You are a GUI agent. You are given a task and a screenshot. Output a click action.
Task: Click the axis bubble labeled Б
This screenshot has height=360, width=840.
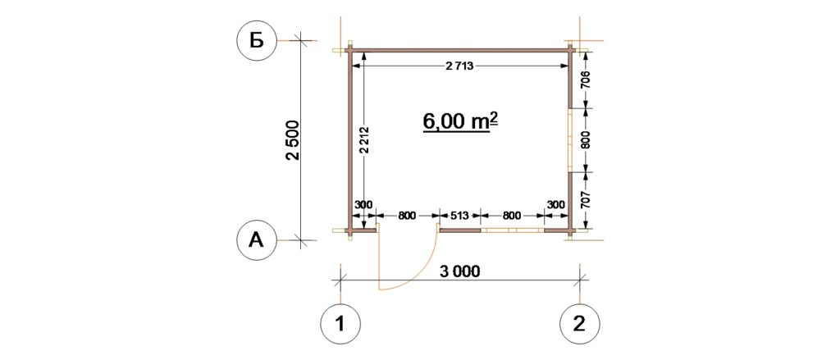click(x=257, y=41)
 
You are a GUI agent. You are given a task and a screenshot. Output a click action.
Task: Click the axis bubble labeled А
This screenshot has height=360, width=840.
click(x=257, y=241)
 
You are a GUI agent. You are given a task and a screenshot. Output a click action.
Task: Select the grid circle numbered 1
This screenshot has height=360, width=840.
click(x=340, y=324)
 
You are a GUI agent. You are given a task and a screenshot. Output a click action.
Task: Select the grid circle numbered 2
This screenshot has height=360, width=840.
click(x=580, y=324)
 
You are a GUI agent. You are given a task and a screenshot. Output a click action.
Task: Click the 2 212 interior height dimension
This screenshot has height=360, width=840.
click(x=363, y=141)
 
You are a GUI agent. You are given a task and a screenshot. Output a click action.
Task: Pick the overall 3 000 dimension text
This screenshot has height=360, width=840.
click(x=459, y=271)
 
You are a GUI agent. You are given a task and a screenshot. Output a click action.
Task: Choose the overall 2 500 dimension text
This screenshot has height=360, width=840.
click(x=294, y=140)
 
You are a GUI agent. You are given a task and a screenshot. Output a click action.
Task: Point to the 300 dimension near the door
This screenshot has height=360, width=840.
click(x=363, y=205)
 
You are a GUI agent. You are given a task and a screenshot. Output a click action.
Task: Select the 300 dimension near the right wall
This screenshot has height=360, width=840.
click(x=556, y=205)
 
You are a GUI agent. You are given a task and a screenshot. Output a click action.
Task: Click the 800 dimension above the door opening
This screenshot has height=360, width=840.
click(x=407, y=216)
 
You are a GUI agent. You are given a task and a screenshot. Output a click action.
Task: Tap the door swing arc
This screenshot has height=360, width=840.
click(x=423, y=271)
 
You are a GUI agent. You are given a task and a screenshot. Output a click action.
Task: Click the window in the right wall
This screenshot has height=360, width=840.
click(x=570, y=140)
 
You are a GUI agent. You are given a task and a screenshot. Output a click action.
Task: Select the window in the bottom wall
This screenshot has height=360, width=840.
click(x=512, y=230)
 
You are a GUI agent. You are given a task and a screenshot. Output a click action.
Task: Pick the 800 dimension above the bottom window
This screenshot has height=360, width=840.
click(x=512, y=216)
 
